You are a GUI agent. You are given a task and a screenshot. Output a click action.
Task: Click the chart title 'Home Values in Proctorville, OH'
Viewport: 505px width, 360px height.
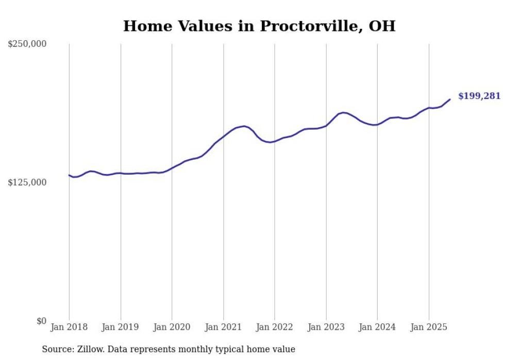pyautogui.click(x=259, y=26)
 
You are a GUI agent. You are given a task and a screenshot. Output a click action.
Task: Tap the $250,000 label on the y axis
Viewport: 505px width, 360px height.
pyautogui.click(x=27, y=44)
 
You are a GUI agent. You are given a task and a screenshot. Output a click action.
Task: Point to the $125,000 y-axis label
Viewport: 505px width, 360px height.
pyautogui.click(x=27, y=182)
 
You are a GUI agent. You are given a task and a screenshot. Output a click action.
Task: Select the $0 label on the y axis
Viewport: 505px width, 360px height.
pyautogui.click(x=41, y=321)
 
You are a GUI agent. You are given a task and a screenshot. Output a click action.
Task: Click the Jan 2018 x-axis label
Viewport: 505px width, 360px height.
pyautogui.click(x=69, y=327)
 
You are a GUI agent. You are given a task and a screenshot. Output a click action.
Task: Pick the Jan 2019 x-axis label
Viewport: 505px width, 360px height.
pyautogui.click(x=121, y=327)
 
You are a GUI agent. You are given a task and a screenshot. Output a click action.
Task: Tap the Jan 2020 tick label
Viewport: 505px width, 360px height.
pyautogui.click(x=172, y=327)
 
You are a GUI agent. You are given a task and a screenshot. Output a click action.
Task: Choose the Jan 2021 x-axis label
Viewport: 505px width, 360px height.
pyautogui.click(x=223, y=327)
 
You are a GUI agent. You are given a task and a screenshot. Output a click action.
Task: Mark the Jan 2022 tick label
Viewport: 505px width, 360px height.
pyautogui.click(x=275, y=327)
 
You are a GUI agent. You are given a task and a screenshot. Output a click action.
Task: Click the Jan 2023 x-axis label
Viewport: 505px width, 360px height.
pyautogui.click(x=326, y=327)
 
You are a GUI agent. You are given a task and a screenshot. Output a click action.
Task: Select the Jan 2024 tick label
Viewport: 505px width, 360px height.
pyautogui.click(x=377, y=327)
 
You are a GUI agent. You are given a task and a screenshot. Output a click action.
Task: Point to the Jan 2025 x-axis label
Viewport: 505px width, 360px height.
pyautogui.click(x=429, y=327)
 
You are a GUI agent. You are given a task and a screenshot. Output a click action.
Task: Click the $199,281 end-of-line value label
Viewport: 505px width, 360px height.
pyautogui.click(x=479, y=96)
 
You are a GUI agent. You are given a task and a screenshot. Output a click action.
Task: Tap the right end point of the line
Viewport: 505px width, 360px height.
pyautogui.click(x=450, y=99)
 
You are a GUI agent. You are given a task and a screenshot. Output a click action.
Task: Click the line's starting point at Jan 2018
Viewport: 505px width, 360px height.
pyautogui.click(x=69, y=175)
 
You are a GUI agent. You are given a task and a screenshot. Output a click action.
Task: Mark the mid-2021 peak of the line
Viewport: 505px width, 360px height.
pyautogui.click(x=244, y=126)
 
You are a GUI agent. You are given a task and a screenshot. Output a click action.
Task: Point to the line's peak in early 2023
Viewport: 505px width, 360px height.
pyautogui.click(x=343, y=112)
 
